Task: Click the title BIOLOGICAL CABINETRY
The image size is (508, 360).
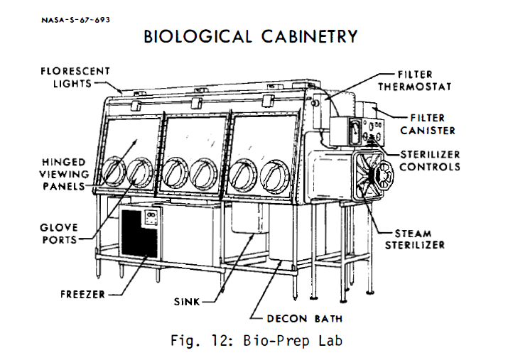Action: pyautogui.click(x=250, y=36)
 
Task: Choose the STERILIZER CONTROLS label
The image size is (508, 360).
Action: pyautogui.click(x=430, y=161)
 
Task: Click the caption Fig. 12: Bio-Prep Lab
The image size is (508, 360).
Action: pyautogui.click(x=256, y=342)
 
